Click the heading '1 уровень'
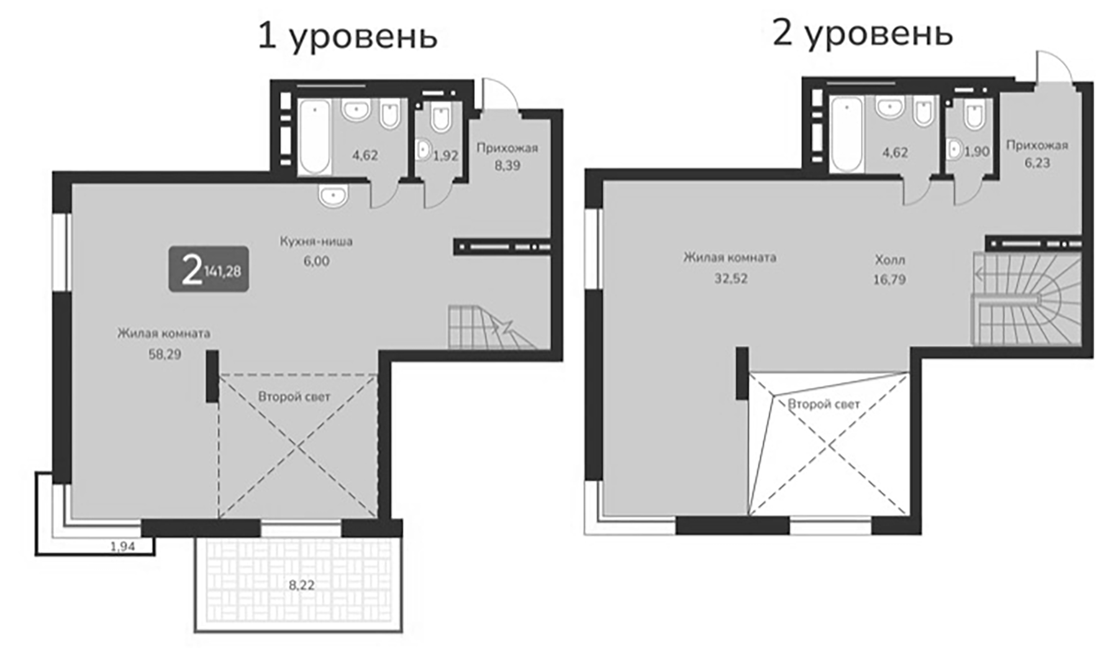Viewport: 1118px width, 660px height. click(347, 37)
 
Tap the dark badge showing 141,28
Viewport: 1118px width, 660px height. click(209, 270)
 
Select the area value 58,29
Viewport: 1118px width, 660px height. click(161, 355)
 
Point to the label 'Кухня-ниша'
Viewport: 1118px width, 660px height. click(316, 241)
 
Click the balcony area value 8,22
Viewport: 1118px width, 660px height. click(301, 585)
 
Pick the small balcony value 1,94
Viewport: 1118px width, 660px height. click(122, 547)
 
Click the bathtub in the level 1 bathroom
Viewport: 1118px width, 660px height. click(314, 138)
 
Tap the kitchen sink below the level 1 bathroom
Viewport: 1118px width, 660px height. click(334, 196)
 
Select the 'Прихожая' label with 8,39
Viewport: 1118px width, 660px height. click(507, 148)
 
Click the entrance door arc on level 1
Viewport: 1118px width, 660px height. click(501, 94)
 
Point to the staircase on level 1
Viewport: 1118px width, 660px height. click(488, 328)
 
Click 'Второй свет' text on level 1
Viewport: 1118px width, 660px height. click(294, 396)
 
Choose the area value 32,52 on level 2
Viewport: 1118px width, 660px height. click(730, 278)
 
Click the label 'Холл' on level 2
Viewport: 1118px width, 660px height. click(889, 260)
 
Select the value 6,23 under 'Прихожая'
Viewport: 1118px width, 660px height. click(1037, 162)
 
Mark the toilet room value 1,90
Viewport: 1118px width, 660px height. click(976, 152)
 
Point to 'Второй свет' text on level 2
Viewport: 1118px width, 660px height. click(824, 405)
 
